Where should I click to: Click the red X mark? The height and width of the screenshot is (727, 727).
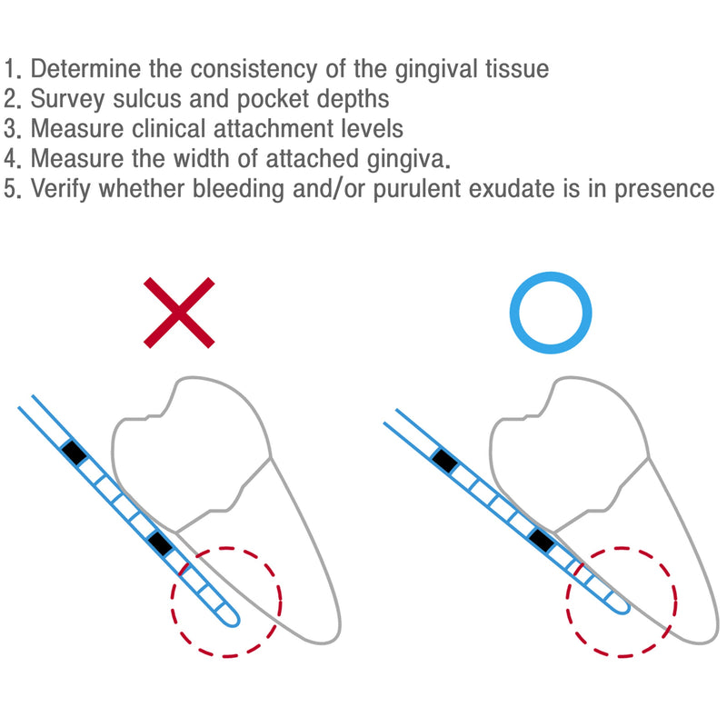point(180,314)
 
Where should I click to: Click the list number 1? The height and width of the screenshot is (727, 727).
point(12,69)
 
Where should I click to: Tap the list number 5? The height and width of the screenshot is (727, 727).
point(12,189)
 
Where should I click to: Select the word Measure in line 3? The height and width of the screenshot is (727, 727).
point(80,128)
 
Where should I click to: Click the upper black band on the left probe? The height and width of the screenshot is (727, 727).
point(74,452)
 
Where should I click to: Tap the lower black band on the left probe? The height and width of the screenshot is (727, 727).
point(160,543)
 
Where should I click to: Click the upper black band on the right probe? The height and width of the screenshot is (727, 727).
point(444,461)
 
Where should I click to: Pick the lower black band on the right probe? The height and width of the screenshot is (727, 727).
point(542,540)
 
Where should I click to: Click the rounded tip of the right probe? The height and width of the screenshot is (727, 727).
point(623,605)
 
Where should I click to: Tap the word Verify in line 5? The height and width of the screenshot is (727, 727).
point(64,189)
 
